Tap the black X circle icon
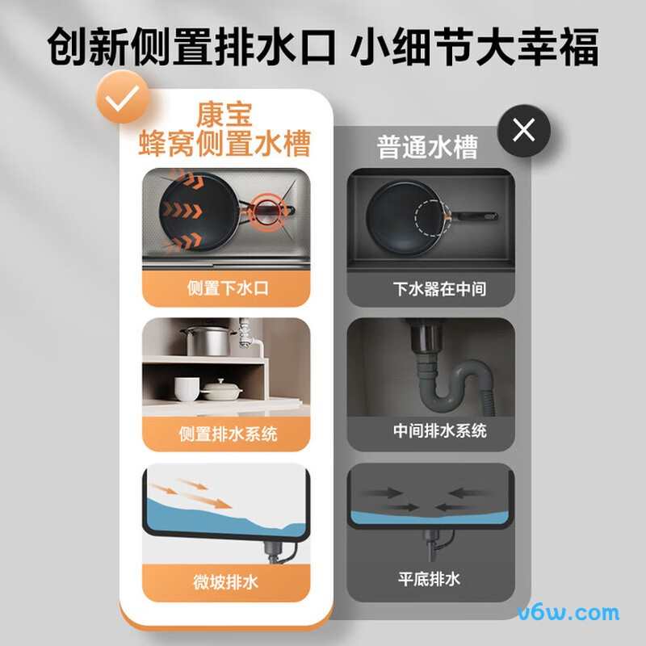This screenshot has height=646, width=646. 523,129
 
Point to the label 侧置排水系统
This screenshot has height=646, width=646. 228,434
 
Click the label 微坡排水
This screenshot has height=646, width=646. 226,581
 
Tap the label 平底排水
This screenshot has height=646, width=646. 429,578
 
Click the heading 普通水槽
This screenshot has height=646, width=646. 427,147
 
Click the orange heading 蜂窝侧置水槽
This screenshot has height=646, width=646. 227,145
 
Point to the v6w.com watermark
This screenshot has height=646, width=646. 568,613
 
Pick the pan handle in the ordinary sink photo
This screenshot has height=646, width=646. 476,216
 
